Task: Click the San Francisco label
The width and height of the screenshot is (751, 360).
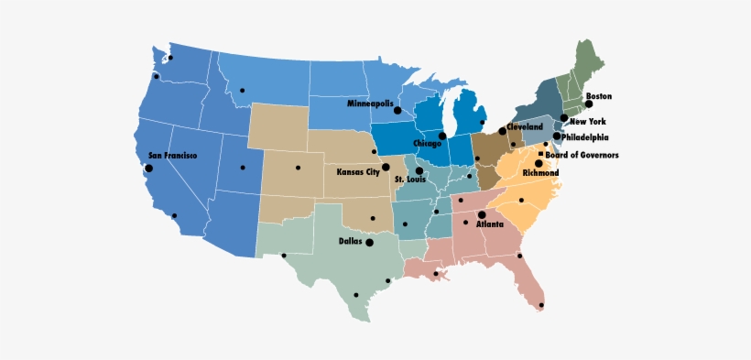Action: [172, 156]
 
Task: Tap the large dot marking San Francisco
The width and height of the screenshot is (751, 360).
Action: [148, 169]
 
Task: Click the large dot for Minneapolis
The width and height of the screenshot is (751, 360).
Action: [397, 110]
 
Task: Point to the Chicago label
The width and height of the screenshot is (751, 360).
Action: [427, 144]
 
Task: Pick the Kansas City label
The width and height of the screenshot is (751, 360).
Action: [358, 171]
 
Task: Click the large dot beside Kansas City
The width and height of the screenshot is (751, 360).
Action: [386, 168]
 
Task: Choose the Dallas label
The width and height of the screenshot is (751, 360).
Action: [350, 241]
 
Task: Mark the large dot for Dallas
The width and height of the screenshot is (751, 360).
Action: [369, 243]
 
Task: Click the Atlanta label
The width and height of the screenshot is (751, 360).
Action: [490, 224]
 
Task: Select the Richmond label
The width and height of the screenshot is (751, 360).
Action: [540, 173]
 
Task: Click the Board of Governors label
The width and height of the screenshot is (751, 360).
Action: [582, 155]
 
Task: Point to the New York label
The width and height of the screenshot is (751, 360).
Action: [586, 121]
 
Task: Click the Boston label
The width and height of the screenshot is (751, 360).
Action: [598, 96]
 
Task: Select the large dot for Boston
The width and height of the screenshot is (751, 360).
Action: [589, 104]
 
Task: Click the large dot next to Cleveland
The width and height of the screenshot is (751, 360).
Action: [502, 131]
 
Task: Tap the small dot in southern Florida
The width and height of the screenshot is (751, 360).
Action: [541, 305]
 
